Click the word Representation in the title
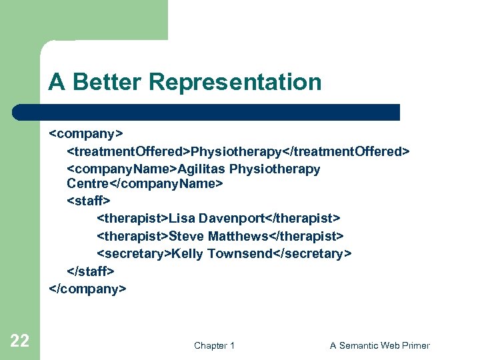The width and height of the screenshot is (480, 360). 235,82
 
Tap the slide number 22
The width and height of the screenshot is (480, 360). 20,341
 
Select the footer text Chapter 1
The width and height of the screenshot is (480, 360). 214,345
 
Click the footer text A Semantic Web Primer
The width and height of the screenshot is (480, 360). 379,345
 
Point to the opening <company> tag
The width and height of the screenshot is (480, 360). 86,134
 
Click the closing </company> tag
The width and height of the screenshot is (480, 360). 87,289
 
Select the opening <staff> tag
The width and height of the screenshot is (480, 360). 89,200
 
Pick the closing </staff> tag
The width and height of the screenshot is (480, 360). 91,271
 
